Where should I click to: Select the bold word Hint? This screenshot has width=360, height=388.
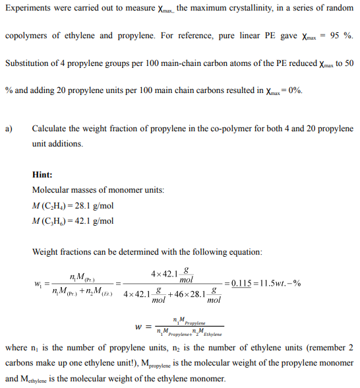(42, 175)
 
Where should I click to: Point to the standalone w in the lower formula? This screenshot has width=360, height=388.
(138, 326)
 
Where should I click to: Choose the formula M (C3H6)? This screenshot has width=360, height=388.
(50, 222)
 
